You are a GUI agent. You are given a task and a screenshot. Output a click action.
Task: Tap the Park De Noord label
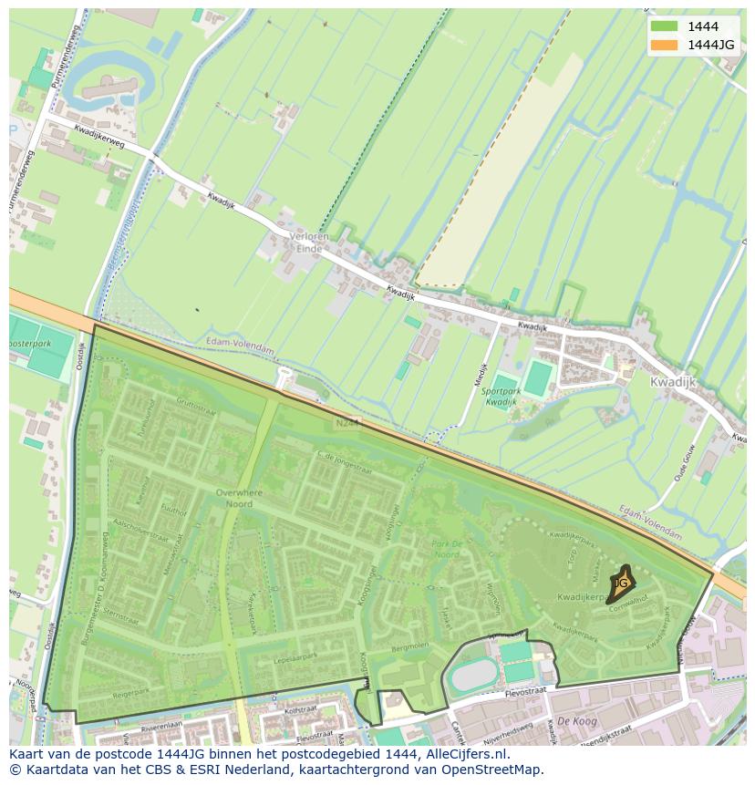(x=446, y=549)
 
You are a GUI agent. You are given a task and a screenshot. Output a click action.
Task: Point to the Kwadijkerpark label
(x=584, y=597)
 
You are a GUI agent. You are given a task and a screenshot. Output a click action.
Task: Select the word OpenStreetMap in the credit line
(x=497, y=770)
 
